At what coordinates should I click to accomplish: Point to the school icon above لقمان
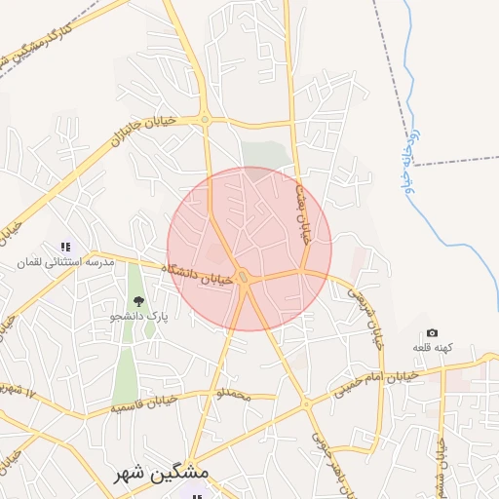[64, 248]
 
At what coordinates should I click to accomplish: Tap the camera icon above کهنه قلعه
[433, 333]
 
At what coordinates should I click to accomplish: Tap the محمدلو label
[233, 395]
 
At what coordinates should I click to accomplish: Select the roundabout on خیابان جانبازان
[205, 120]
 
